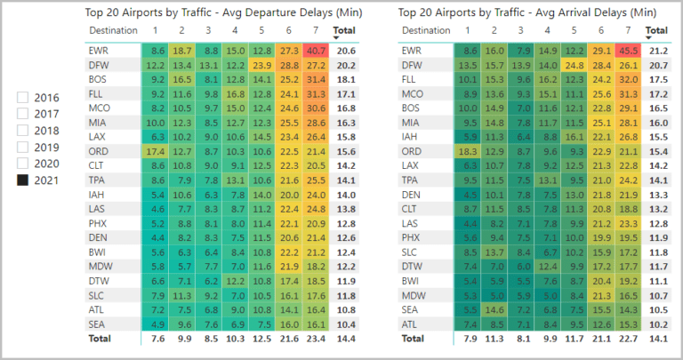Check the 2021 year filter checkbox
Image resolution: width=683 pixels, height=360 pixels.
coord(22,180)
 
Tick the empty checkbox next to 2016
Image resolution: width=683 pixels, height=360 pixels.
coord(22,98)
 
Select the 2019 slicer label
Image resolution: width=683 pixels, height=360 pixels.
coord(46,148)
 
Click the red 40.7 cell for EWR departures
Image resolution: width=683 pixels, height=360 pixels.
coord(316,51)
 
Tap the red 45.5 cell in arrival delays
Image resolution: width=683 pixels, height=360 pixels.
coord(628,51)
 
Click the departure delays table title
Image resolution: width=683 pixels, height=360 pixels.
coord(223,12)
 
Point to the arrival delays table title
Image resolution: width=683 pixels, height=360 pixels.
coord(527,12)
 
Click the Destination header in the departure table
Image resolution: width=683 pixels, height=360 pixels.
coord(113,30)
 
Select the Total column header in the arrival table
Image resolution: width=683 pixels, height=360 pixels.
coord(656,30)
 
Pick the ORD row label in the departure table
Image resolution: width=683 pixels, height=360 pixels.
coord(99,151)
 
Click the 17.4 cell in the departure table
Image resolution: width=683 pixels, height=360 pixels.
coord(155,151)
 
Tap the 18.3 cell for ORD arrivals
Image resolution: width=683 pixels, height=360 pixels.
coord(468,151)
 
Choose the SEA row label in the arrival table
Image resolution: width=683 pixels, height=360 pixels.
coord(410,310)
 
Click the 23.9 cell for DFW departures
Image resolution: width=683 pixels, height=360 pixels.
coord(262,65)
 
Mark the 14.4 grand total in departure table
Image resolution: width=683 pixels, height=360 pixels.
coord(346,339)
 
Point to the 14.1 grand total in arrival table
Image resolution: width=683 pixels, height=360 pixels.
coord(658,339)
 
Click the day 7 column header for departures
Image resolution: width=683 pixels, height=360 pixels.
coord(316,30)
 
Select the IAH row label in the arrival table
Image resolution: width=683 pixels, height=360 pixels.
coord(409,137)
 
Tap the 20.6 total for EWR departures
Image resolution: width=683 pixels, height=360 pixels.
coord(346,51)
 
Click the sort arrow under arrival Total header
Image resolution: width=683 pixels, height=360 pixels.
coord(648,38)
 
